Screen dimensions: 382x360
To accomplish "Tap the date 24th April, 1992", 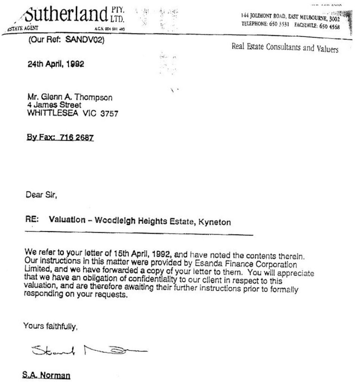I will (56, 64).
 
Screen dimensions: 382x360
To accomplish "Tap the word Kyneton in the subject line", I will (215, 222).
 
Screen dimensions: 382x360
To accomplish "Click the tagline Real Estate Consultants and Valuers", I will (285, 48).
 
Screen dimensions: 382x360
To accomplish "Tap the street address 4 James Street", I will (54, 105).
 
